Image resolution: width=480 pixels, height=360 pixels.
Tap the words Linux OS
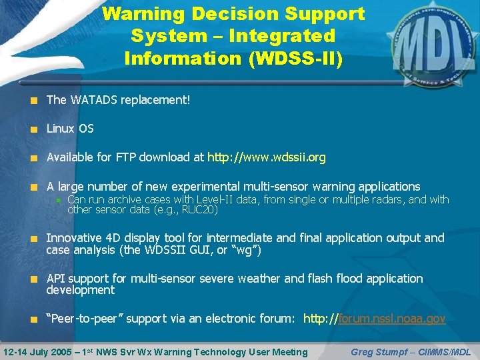[70, 129]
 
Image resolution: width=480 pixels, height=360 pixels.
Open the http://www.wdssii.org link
[267, 157]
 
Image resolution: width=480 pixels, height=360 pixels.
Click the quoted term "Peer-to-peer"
[85, 319]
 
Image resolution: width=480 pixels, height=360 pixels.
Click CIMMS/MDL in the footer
[448, 351]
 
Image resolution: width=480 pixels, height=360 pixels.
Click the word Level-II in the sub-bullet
[209, 199]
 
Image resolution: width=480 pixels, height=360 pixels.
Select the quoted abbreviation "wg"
[248, 250]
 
